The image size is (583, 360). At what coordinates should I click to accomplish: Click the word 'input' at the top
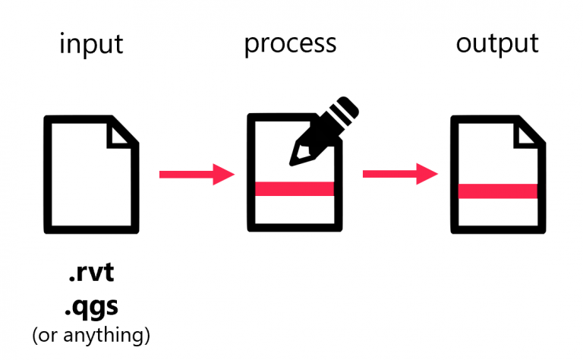point(91,44)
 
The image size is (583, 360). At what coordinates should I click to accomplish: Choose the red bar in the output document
point(498,189)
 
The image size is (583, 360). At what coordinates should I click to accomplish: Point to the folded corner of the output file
point(530,132)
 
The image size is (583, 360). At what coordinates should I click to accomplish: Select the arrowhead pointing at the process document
point(223,175)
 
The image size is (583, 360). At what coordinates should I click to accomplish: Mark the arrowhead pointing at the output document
point(427,175)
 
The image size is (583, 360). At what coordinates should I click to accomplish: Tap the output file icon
point(498,175)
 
